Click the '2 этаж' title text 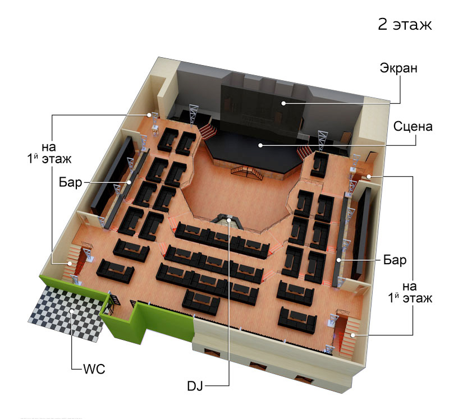(x=405, y=24)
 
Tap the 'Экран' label (x=398, y=68)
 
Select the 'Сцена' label (x=413, y=126)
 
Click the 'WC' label (x=94, y=369)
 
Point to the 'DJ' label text (x=195, y=386)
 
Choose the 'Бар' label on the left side (x=71, y=182)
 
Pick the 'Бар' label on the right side (x=395, y=260)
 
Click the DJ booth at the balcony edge (x=227, y=221)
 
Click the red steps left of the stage (x=208, y=131)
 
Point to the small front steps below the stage (x=247, y=173)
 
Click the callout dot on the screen (x=283, y=103)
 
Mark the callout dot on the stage (x=260, y=145)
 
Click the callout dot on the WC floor (x=72, y=311)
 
